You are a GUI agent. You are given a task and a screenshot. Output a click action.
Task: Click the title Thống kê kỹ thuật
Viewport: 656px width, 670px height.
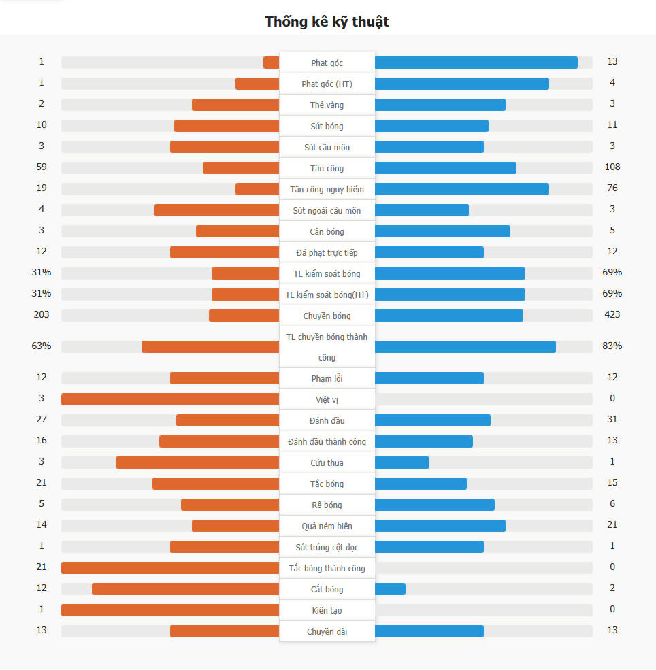327,22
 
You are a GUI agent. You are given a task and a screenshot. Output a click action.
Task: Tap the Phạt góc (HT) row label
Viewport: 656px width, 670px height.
327,84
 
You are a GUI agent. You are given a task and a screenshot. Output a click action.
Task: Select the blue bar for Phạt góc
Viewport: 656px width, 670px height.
476,63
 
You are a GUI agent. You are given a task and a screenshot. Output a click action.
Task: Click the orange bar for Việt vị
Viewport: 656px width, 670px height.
170,399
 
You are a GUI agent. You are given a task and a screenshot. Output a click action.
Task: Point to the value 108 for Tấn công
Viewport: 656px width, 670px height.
612,167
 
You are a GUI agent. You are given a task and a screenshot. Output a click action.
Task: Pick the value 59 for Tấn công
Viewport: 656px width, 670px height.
42,167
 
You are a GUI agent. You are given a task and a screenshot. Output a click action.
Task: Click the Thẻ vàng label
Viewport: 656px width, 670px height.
327,105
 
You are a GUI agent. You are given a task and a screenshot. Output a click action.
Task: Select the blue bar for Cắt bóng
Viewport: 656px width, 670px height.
390,589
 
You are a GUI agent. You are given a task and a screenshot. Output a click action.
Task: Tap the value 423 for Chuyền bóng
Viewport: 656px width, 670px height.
612,315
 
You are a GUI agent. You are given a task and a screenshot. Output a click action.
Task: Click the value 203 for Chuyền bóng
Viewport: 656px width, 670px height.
42,315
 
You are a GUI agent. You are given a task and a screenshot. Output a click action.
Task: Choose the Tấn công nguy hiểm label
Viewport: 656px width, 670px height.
327,190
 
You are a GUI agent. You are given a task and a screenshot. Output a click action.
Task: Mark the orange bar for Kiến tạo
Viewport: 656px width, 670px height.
170,610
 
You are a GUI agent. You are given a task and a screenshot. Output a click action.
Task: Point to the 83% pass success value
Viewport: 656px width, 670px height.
612,346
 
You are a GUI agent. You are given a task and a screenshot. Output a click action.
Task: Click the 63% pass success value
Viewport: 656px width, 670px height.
42,346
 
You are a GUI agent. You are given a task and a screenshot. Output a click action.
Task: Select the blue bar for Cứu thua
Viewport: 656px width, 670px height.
402,463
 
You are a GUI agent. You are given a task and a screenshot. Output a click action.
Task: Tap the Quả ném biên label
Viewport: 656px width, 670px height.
327,526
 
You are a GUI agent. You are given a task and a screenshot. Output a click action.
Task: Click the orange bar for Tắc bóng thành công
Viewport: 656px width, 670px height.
170,568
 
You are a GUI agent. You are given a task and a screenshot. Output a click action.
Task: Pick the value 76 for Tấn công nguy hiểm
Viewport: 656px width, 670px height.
612,188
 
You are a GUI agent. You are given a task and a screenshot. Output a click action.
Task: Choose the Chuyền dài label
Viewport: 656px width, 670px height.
327,632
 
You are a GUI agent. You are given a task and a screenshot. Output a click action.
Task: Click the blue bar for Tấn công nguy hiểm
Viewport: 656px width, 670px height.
461,189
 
